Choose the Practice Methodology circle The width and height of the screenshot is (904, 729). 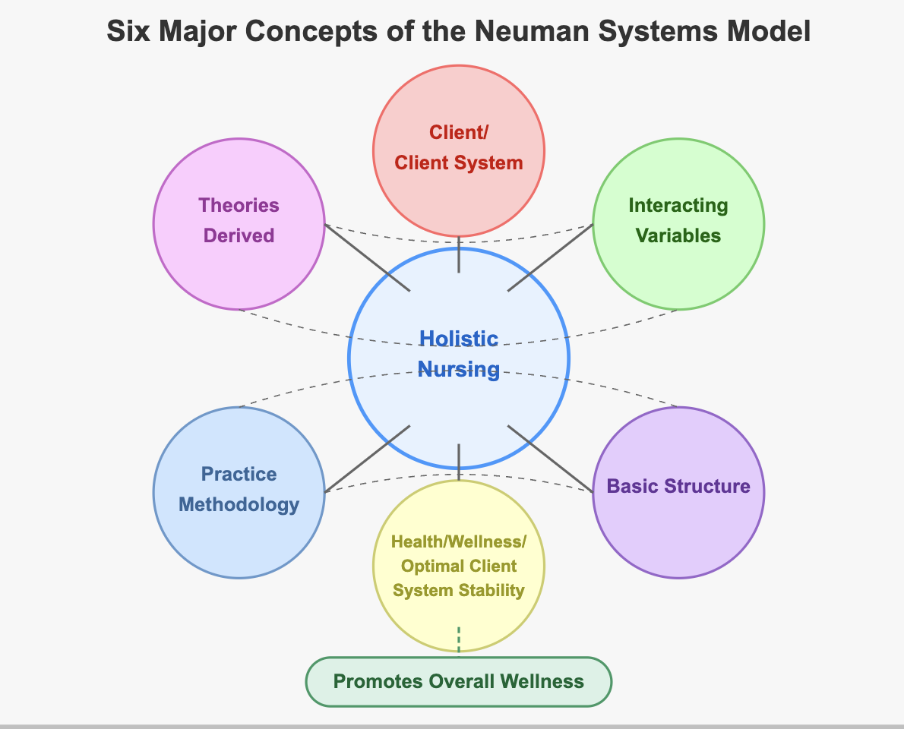(239, 532)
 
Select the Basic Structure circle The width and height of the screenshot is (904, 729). (678, 524)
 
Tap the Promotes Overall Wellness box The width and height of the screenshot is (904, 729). (459, 681)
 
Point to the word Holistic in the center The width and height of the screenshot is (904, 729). (459, 339)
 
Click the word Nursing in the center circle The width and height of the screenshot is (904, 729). (459, 370)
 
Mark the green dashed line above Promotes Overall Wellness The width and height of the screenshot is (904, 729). (459, 639)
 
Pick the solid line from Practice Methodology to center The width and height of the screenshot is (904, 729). (368, 459)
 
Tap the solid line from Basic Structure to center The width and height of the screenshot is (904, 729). (550, 459)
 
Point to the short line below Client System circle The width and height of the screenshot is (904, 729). (459, 254)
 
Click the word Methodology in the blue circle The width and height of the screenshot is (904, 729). (239, 504)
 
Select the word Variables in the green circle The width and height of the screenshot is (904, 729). (678, 235)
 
